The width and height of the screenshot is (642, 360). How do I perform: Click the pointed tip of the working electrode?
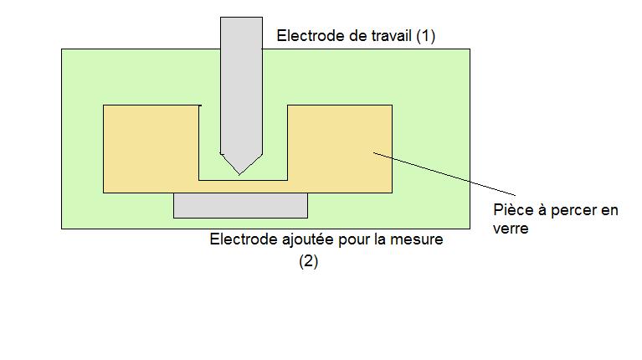pyautogui.click(x=240, y=171)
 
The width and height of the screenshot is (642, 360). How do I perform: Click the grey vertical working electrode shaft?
pyautogui.click(x=241, y=84)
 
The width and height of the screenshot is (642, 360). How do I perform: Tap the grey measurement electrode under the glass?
pyautogui.click(x=240, y=205)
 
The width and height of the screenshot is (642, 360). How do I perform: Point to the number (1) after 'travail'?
pyautogui.click(x=425, y=36)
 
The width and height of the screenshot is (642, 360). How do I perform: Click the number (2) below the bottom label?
pyautogui.click(x=309, y=261)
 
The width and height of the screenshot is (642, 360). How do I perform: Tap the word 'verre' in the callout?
pyautogui.click(x=511, y=228)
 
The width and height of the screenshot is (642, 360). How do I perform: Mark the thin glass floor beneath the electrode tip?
pyautogui.click(x=242, y=186)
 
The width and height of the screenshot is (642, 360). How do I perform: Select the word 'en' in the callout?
pyautogui.click(x=609, y=210)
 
